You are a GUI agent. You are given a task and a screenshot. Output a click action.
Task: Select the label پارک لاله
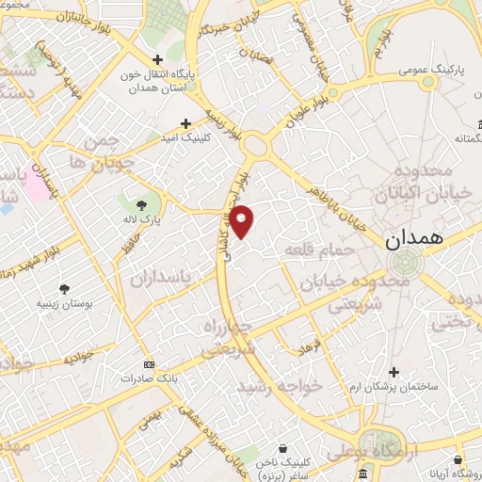(x=146, y=218)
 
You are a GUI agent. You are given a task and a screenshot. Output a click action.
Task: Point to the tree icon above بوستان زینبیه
(x=64, y=289)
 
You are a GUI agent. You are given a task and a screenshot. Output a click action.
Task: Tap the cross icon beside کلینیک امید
(x=185, y=123)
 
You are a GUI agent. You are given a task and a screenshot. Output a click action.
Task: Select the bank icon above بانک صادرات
(x=147, y=363)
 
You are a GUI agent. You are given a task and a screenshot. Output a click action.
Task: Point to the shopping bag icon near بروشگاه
(x=458, y=460)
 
